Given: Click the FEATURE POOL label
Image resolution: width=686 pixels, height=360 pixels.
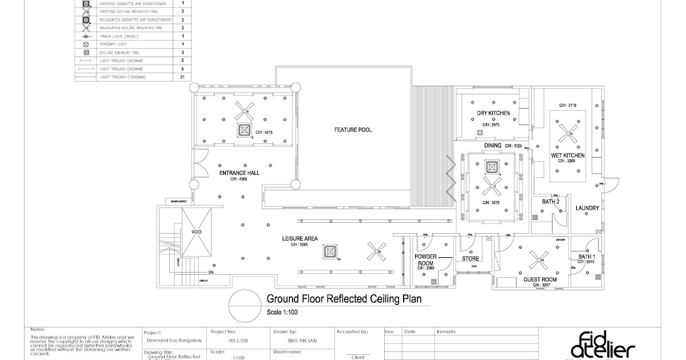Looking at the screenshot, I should [353, 130].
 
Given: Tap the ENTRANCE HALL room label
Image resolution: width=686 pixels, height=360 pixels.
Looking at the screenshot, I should [239, 173].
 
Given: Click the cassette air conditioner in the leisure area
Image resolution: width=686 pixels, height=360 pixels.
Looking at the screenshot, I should [329, 251].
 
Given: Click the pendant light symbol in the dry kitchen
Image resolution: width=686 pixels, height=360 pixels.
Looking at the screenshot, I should [480, 134].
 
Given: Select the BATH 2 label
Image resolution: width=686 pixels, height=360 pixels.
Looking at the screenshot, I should [541, 202].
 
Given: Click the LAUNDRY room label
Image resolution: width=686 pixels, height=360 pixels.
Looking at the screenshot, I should [587, 208].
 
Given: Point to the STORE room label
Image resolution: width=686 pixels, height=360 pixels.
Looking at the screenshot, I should [470, 259].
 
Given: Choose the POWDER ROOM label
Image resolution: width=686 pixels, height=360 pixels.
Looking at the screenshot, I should [424, 260].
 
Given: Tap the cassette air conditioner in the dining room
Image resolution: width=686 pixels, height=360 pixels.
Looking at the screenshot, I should [492, 167].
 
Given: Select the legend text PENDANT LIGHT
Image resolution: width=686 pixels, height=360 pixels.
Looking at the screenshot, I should [114, 43].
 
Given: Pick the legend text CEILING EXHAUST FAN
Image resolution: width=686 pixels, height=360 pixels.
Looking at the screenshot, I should [120, 52].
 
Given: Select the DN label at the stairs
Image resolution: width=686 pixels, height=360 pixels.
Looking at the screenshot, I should [211, 273].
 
